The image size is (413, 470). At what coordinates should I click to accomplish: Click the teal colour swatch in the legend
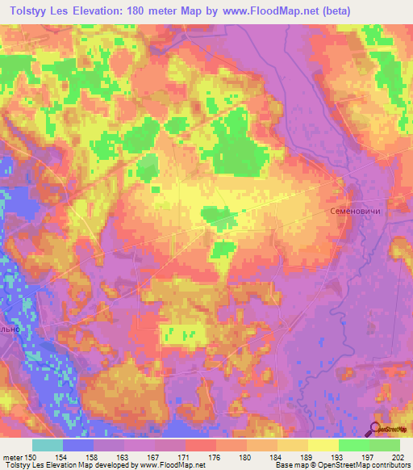click(48, 445)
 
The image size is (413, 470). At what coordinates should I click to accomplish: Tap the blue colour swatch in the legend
click(78, 445)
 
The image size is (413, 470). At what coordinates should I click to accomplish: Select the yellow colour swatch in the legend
click(323, 445)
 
